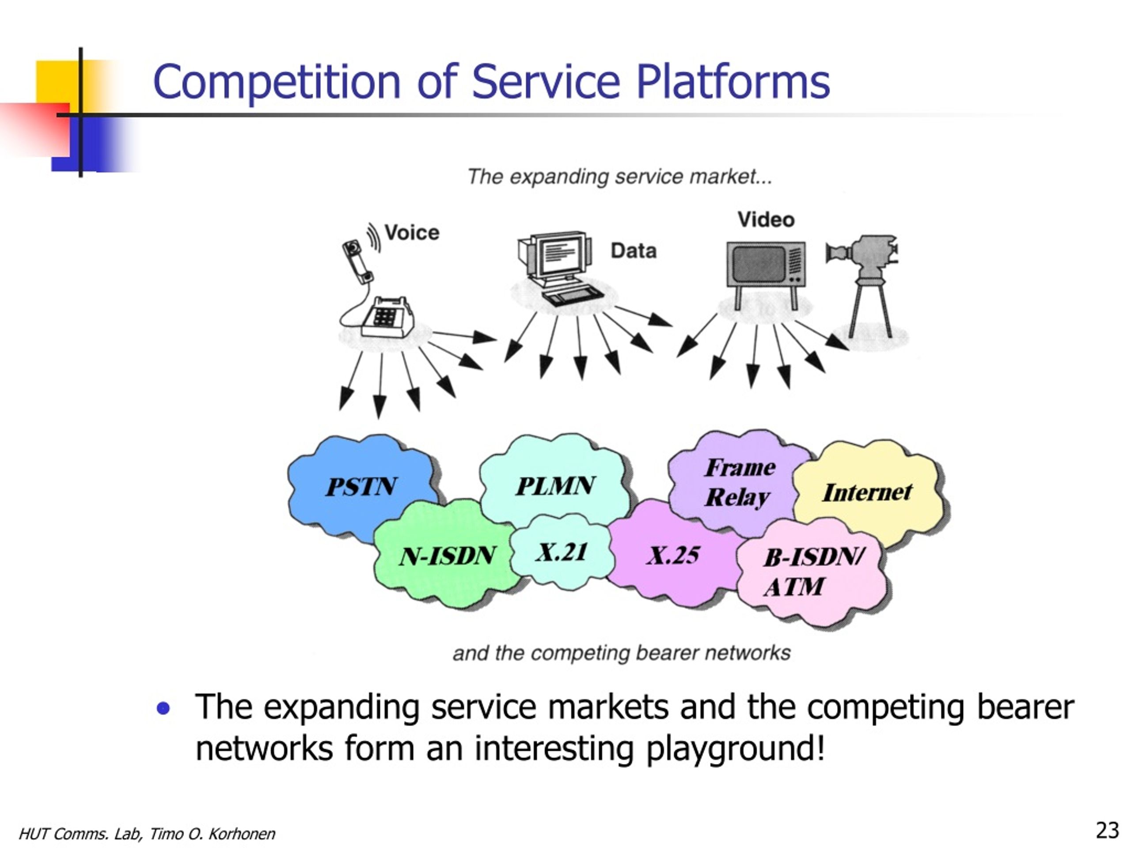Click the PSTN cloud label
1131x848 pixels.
(361, 487)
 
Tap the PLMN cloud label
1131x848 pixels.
(555, 485)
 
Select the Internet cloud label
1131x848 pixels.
(867, 492)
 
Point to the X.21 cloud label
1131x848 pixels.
(562, 552)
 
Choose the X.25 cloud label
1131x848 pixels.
(673, 555)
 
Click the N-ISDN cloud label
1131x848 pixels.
(448, 556)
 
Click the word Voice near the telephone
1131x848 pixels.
(412, 233)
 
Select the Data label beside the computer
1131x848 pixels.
(634, 251)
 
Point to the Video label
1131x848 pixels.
(766, 220)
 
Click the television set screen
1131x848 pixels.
(759, 264)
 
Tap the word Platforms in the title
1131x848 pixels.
(732, 82)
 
